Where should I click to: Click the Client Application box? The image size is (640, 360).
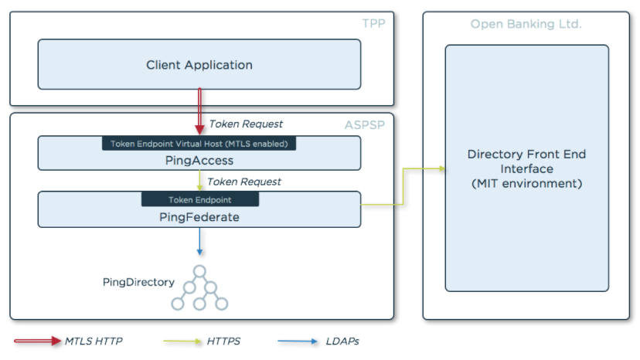[x=199, y=64]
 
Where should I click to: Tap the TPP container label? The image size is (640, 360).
[x=373, y=24]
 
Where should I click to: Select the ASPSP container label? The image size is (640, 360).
[x=365, y=125]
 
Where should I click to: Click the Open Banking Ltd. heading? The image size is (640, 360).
[x=526, y=24]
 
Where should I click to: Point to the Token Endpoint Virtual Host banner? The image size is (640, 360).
[x=199, y=144]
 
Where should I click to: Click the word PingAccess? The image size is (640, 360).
[x=199, y=161]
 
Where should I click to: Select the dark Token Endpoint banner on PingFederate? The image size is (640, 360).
[x=200, y=199]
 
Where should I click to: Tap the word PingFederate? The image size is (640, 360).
[x=199, y=217]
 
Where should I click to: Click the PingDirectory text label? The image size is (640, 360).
[x=138, y=282]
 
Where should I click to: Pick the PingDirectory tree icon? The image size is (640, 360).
[x=199, y=287]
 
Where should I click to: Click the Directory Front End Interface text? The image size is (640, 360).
[x=526, y=168]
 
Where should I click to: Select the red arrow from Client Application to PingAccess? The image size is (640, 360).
[x=199, y=111]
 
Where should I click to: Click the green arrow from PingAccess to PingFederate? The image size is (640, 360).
[x=199, y=181]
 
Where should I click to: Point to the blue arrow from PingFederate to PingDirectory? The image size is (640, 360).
[x=199, y=241]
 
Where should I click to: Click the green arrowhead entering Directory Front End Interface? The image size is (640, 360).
[x=441, y=168]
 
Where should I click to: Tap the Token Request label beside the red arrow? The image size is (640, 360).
[x=246, y=124]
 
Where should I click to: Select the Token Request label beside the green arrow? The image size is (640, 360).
[x=244, y=182]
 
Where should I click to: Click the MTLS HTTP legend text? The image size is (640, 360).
[x=94, y=341]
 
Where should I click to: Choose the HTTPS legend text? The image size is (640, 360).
[x=223, y=341]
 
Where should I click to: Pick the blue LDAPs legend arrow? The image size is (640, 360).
[x=298, y=341]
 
